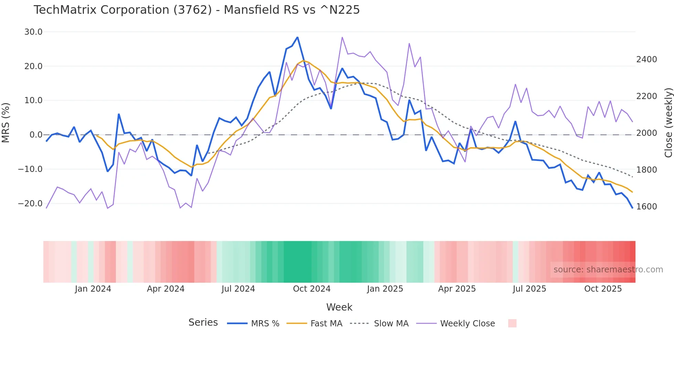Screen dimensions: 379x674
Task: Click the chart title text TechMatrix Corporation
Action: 196,10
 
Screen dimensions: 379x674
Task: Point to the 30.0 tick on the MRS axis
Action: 33,32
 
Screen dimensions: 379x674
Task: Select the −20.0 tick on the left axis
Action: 30,203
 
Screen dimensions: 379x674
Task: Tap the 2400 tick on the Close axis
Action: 646,59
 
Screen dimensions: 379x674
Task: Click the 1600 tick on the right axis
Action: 646,206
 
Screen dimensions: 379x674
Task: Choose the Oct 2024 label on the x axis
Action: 312,289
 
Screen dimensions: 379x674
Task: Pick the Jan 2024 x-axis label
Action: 93,289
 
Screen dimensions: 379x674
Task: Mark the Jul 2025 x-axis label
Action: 529,289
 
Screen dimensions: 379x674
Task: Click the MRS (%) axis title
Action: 6,122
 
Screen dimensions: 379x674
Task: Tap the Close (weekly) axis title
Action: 668,123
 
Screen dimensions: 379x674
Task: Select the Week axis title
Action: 339,307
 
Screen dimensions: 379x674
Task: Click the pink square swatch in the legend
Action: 512,323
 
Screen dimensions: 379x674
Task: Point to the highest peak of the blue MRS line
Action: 297,37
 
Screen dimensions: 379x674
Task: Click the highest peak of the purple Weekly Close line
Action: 342,37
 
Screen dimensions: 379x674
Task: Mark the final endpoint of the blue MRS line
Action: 632,208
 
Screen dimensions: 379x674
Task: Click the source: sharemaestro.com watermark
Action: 608,270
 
